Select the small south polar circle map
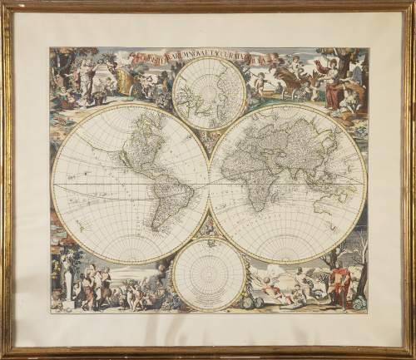coord(209,274)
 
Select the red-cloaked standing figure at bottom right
coord(339,283)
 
